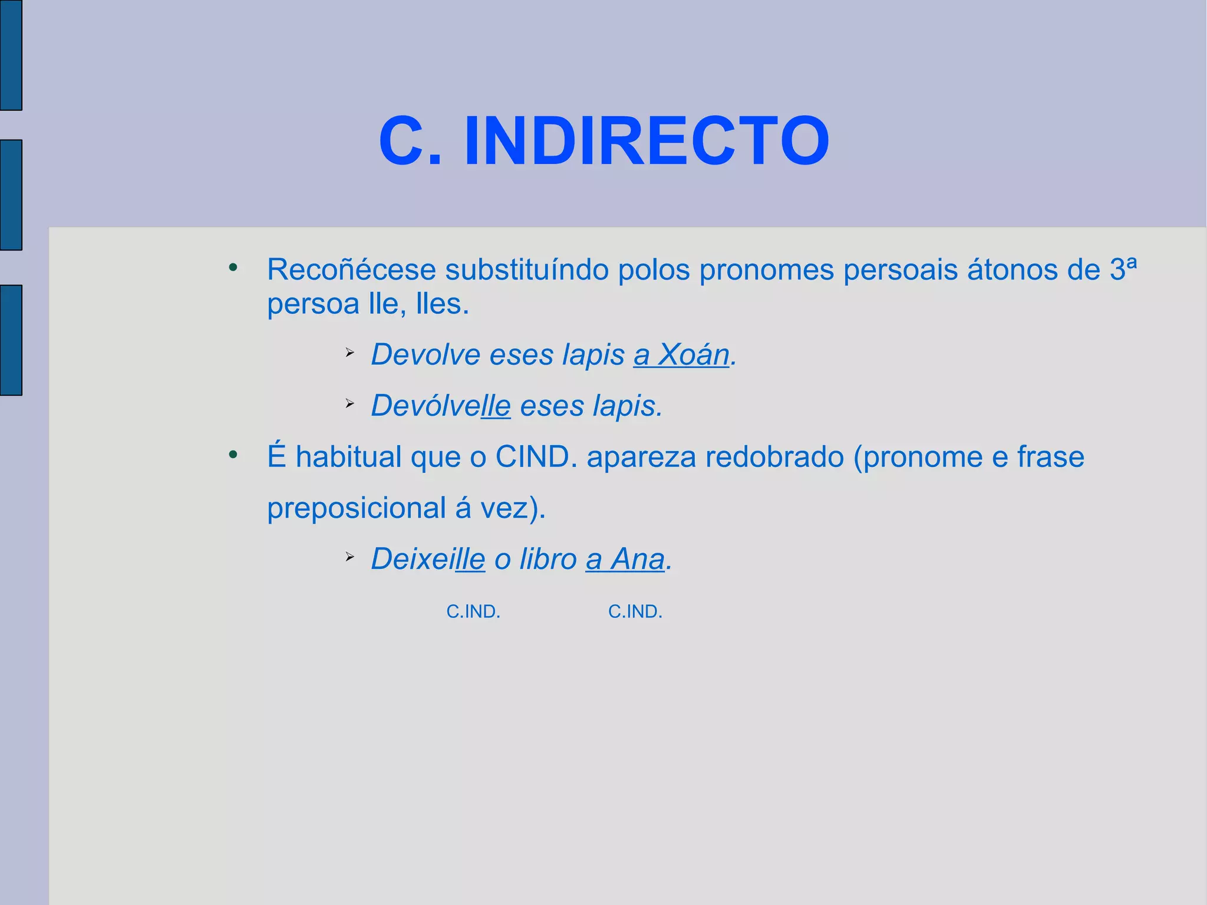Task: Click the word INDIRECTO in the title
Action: [x=647, y=141]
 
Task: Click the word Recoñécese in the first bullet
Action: [x=351, y=270]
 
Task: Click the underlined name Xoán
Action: [x=694, y=355]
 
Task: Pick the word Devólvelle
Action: [x=440, y=406]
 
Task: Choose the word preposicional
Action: [x=356, y=508]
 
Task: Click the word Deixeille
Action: [x=428, y=559]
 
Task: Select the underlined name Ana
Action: [x=638, y=559]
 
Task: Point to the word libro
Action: [x=548, y=559]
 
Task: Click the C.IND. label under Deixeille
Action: [x=473, y=612]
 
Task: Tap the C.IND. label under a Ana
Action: [x=635, y=612]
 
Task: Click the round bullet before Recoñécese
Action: [x=233, y=268]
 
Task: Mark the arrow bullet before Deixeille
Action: [x=349, y=557]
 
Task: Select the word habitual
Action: [x=348, y=457]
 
